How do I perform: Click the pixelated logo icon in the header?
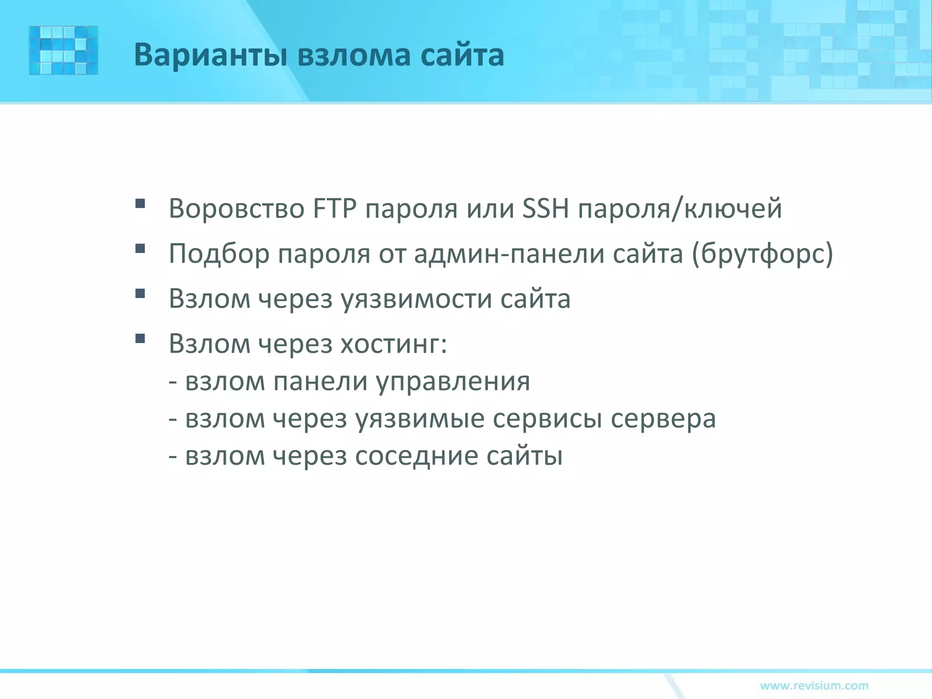[x=64, y=51]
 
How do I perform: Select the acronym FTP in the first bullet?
[x=334, y=209]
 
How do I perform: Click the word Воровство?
[x=237, y=209]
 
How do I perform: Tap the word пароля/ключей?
[x=680, y=209]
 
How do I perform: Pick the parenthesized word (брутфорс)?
[x=762, y=254]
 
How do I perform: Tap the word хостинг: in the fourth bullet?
[x=394, y=344]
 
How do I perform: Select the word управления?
[x=453, y=381]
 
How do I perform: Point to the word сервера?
[x=663, y=419]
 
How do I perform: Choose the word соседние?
[x=416, y=456]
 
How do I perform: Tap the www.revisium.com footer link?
[x=814, y=685]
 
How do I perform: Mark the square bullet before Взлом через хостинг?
[x=140, y=338]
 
